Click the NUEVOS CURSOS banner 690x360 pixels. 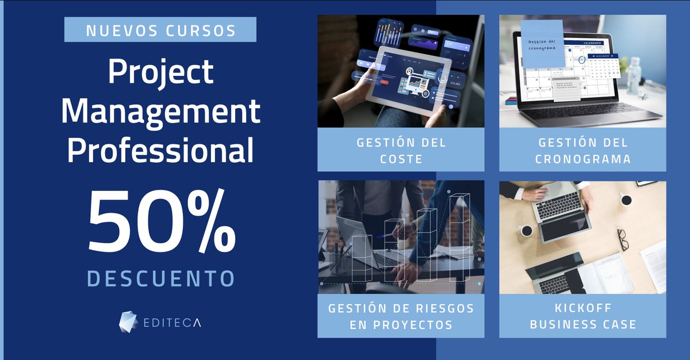[x=160, y=30]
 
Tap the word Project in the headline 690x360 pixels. [x=160, y=73]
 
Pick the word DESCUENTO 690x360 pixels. [x=160, y=278]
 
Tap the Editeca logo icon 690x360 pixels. [x=128, y=322]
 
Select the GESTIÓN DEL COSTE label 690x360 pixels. [x=401, y=150]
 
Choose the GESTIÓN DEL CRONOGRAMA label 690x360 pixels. [x=582, y=150]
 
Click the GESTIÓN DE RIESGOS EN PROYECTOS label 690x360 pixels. [x=401, y=316]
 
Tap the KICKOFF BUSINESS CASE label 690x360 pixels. [x=582, y=316]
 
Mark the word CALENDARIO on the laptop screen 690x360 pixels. [x=592, y=43]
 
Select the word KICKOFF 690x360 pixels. [x=583, y=309]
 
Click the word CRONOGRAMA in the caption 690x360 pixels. [x=582, y=158]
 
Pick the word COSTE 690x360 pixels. [x=401, y=158]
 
